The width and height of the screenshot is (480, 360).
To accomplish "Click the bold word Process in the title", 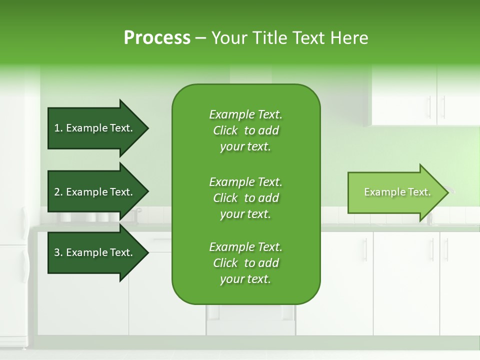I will tap(156, 38).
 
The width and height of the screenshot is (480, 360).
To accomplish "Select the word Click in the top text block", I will tap(225, 130).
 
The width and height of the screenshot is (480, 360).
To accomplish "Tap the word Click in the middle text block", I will tap(225, 198).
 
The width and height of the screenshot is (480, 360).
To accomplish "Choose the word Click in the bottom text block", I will tap(225, 263).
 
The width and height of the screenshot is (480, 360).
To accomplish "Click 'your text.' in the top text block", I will tap(245, 147).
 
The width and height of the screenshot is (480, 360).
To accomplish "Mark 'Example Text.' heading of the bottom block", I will tap(245, 247).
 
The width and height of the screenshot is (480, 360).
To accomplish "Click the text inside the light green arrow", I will tap(397, 192).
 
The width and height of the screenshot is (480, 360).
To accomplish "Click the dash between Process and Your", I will tap(200, 38).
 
